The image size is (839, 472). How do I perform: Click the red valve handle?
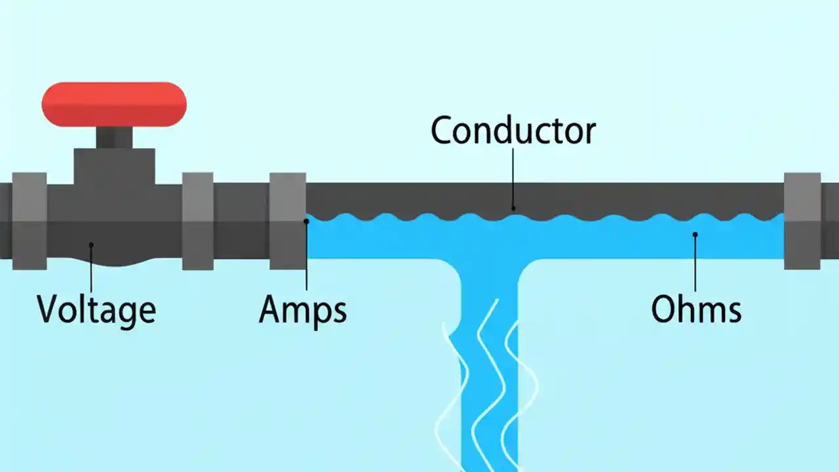pos(114,104)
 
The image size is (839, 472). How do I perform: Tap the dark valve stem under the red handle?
pos(114,137)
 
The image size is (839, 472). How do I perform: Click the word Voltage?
pos(96,309)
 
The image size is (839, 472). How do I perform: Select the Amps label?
pos(303,309)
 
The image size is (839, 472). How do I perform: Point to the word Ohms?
pos(696,309)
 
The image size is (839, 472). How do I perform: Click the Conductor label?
pos(513,130)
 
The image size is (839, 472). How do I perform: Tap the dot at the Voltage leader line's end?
pos(91,245)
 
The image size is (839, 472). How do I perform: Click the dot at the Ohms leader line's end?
pos(695,234)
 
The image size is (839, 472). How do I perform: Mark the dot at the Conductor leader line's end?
pos(513,209)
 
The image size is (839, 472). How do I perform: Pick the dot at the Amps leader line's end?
pos(306,222)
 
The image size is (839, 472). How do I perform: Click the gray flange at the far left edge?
pos(29,221)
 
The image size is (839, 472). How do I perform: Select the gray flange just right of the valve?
pos(197,221)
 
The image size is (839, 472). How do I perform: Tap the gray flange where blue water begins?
pos(288,221)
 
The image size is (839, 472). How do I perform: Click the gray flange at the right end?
pos(802,221)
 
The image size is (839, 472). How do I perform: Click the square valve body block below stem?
pos(114,167)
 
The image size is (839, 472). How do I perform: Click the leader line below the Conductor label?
pos(513,177)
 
